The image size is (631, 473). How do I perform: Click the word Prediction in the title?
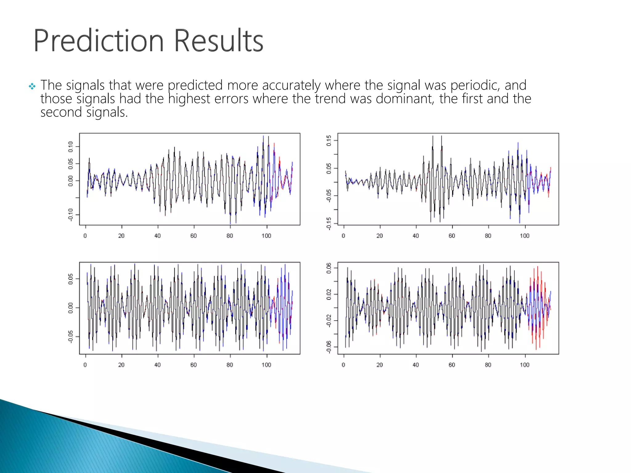(x=98, y=41)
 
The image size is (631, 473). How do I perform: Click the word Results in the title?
(x=218, y=41)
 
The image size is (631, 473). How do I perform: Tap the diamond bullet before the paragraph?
(x=32, y=86)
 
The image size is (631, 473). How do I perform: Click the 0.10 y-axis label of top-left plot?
(x=71, y=147)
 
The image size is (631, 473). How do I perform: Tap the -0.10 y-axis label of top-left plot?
(x=71, y=215)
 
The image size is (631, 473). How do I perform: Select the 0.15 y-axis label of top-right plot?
(x=329, y=141)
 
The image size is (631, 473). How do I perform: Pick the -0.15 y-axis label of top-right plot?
(x=329, y=223)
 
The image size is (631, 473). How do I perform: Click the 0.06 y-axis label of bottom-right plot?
(x=329, y=268)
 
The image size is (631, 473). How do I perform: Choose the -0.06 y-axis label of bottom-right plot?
(x=329, y=347)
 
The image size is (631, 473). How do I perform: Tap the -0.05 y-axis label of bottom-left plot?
(x=71, y=337)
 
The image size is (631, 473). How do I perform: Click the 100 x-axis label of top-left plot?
(x=266, y=236)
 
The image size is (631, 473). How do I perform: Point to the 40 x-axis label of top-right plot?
(x=416, y=236)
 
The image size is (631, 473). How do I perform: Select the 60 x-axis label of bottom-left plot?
(x=193, y=365)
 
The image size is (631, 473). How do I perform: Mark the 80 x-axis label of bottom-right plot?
(x=488, y=365)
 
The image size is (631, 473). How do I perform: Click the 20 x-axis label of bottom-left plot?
(x=121, y=365)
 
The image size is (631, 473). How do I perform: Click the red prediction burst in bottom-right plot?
(x=538, y=308)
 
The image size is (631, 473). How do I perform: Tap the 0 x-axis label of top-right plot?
(x=344, y=236)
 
